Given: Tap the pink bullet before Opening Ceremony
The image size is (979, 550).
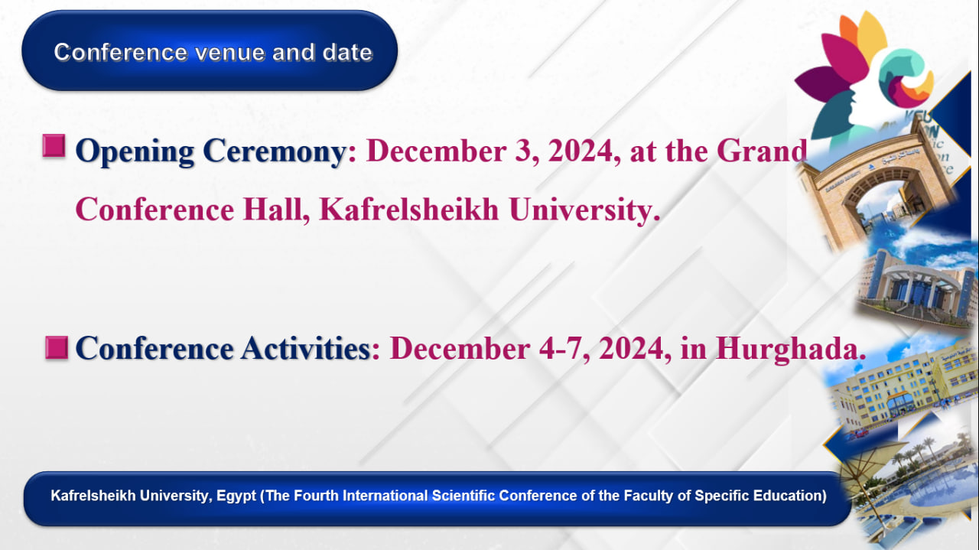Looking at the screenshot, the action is [54, 145].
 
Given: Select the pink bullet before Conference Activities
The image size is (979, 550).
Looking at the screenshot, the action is [57, 348].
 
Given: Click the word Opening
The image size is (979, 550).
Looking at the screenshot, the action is [135, 151].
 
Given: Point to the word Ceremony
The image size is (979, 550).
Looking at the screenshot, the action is [275, 151].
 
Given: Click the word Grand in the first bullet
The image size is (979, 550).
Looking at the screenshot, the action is [762, 151].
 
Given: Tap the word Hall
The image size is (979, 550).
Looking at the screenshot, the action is [276, 210].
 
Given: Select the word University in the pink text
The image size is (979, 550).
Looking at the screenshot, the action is [584, 210].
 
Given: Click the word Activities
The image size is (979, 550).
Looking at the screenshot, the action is [306, 349].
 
